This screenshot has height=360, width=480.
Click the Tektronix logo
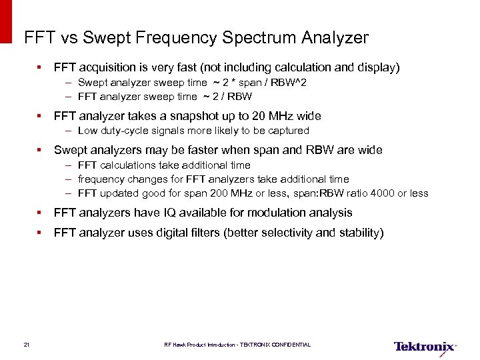pyautogui.click(x=425, y=346)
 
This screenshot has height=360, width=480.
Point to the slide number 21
pyautogui.click(x=26, y=345)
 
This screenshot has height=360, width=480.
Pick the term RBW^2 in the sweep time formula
pyautogui.click(x=292, y=82)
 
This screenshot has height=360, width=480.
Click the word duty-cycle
pyautogui.click(x=125, y=131)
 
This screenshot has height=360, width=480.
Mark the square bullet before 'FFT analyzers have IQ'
pyautogui.click(x=40, y=213)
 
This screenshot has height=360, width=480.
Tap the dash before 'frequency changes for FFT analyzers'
pyautogui.click(x=69, y=179)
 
